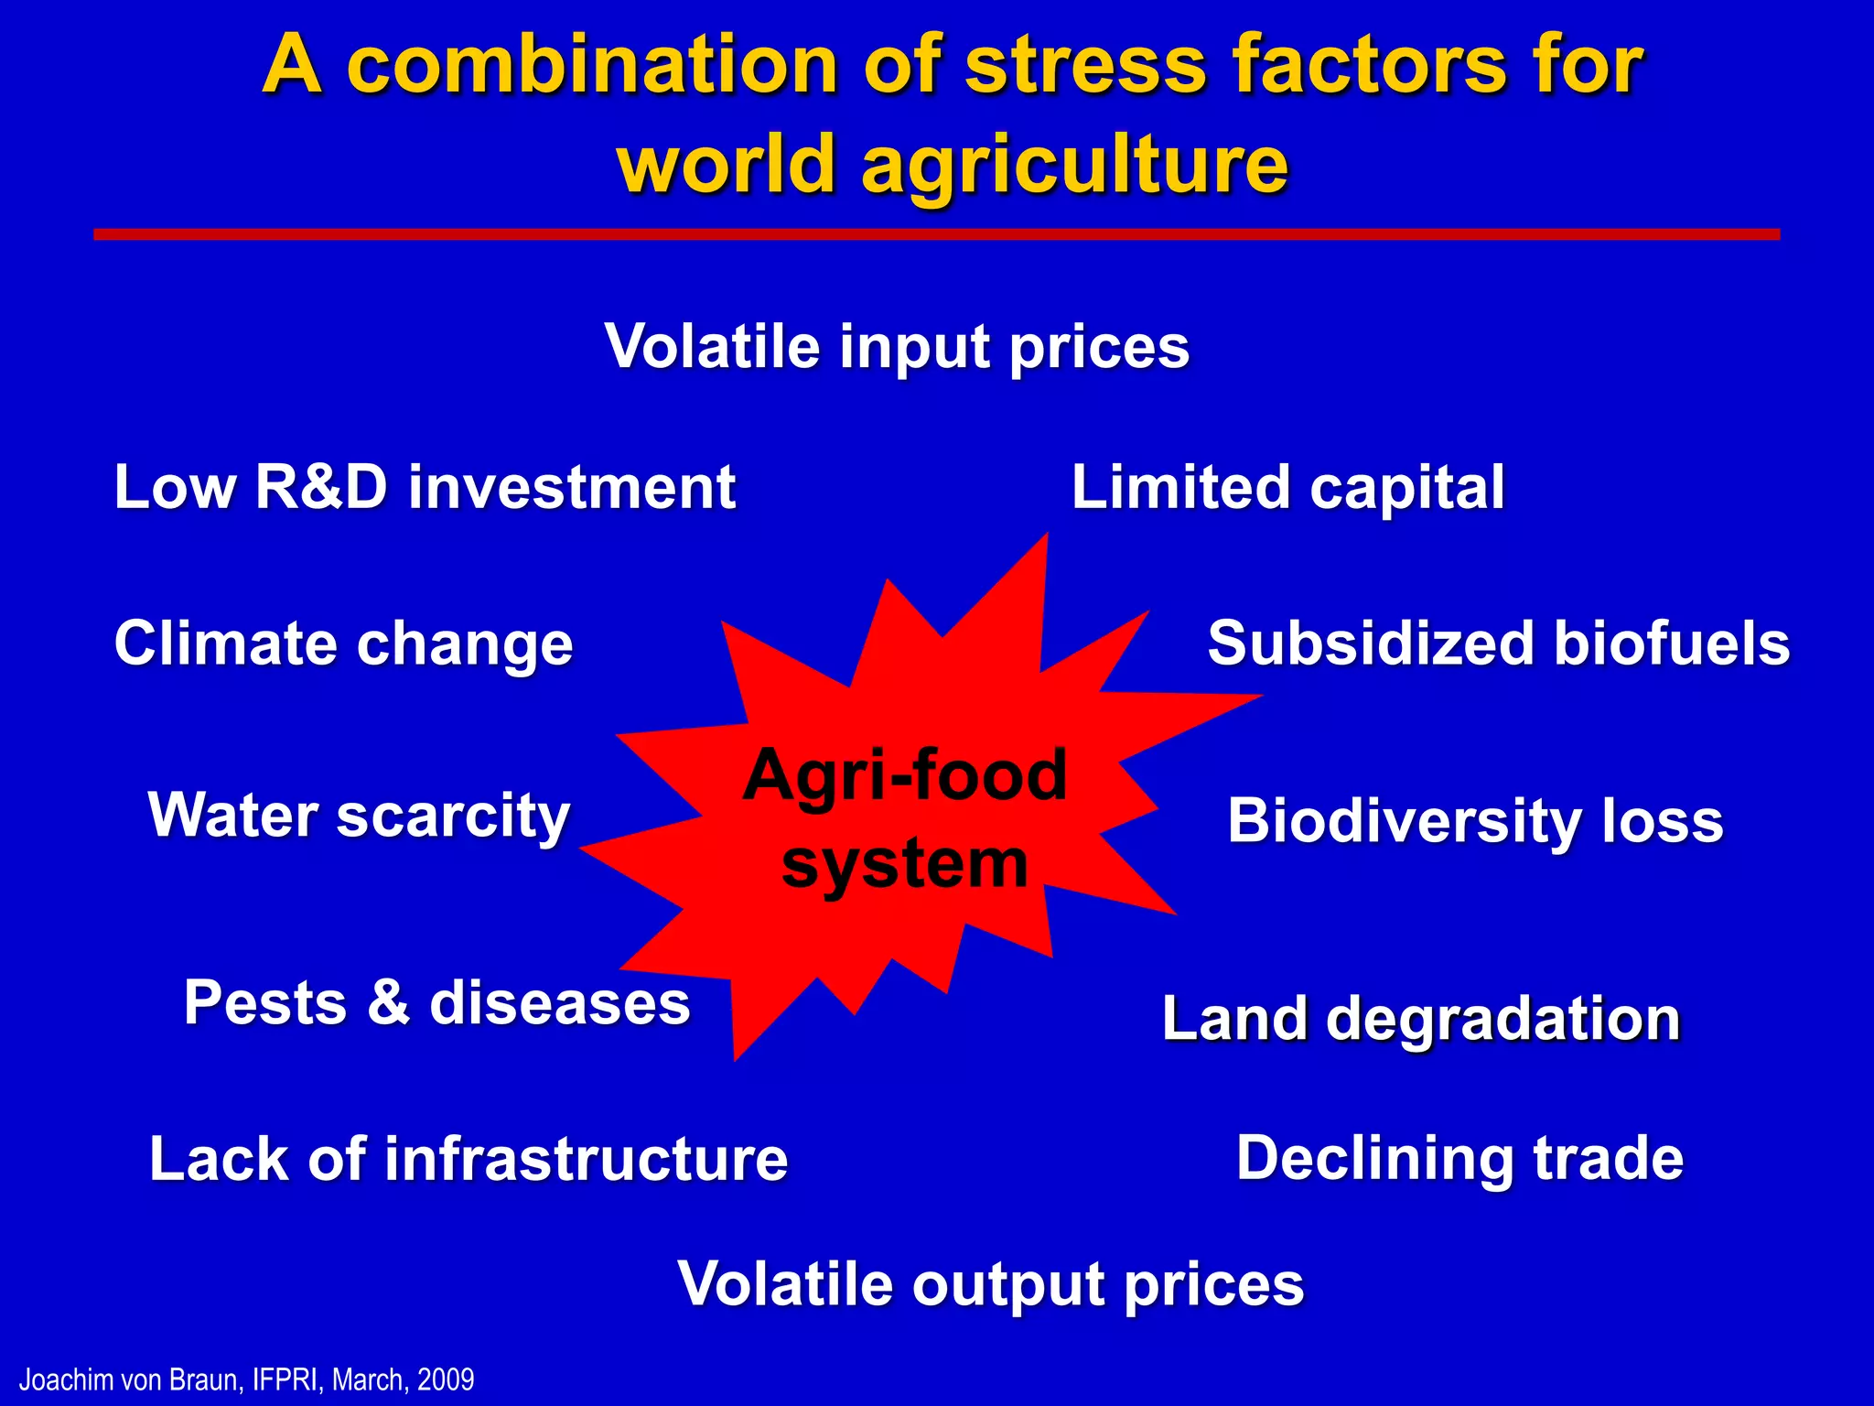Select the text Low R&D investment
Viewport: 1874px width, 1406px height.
[425, 487]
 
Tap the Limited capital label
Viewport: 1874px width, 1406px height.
[1287, 487]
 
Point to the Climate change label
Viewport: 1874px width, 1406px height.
[343, 644]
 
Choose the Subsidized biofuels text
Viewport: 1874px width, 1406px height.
[1498, 644]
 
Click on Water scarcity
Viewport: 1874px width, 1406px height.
[359, 816]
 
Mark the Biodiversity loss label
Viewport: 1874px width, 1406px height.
[1475, 820]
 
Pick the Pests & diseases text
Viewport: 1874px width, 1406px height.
[436, 1002]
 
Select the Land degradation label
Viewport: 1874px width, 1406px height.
[1421, 1019]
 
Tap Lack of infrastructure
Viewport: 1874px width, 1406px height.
[468, 1159]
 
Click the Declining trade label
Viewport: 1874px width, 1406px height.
[1459, 1158]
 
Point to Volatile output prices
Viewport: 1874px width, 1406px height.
[990, 1284]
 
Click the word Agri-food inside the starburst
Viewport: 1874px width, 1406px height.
[904, 775]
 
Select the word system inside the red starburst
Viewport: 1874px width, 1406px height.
[904, 863]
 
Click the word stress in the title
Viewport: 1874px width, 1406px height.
[1086, 66]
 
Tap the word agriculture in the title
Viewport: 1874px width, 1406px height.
[1074, 165]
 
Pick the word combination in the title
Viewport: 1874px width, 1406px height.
[592, 66]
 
